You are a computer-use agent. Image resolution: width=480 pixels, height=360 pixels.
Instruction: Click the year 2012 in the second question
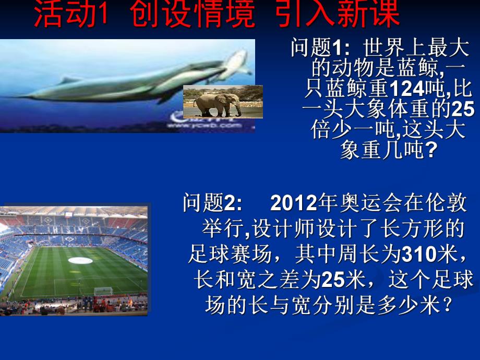(294, 203)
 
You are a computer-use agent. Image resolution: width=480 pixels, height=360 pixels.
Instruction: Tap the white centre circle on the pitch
(80, 260)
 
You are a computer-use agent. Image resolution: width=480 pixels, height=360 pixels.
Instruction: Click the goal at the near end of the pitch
(103, 291)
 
